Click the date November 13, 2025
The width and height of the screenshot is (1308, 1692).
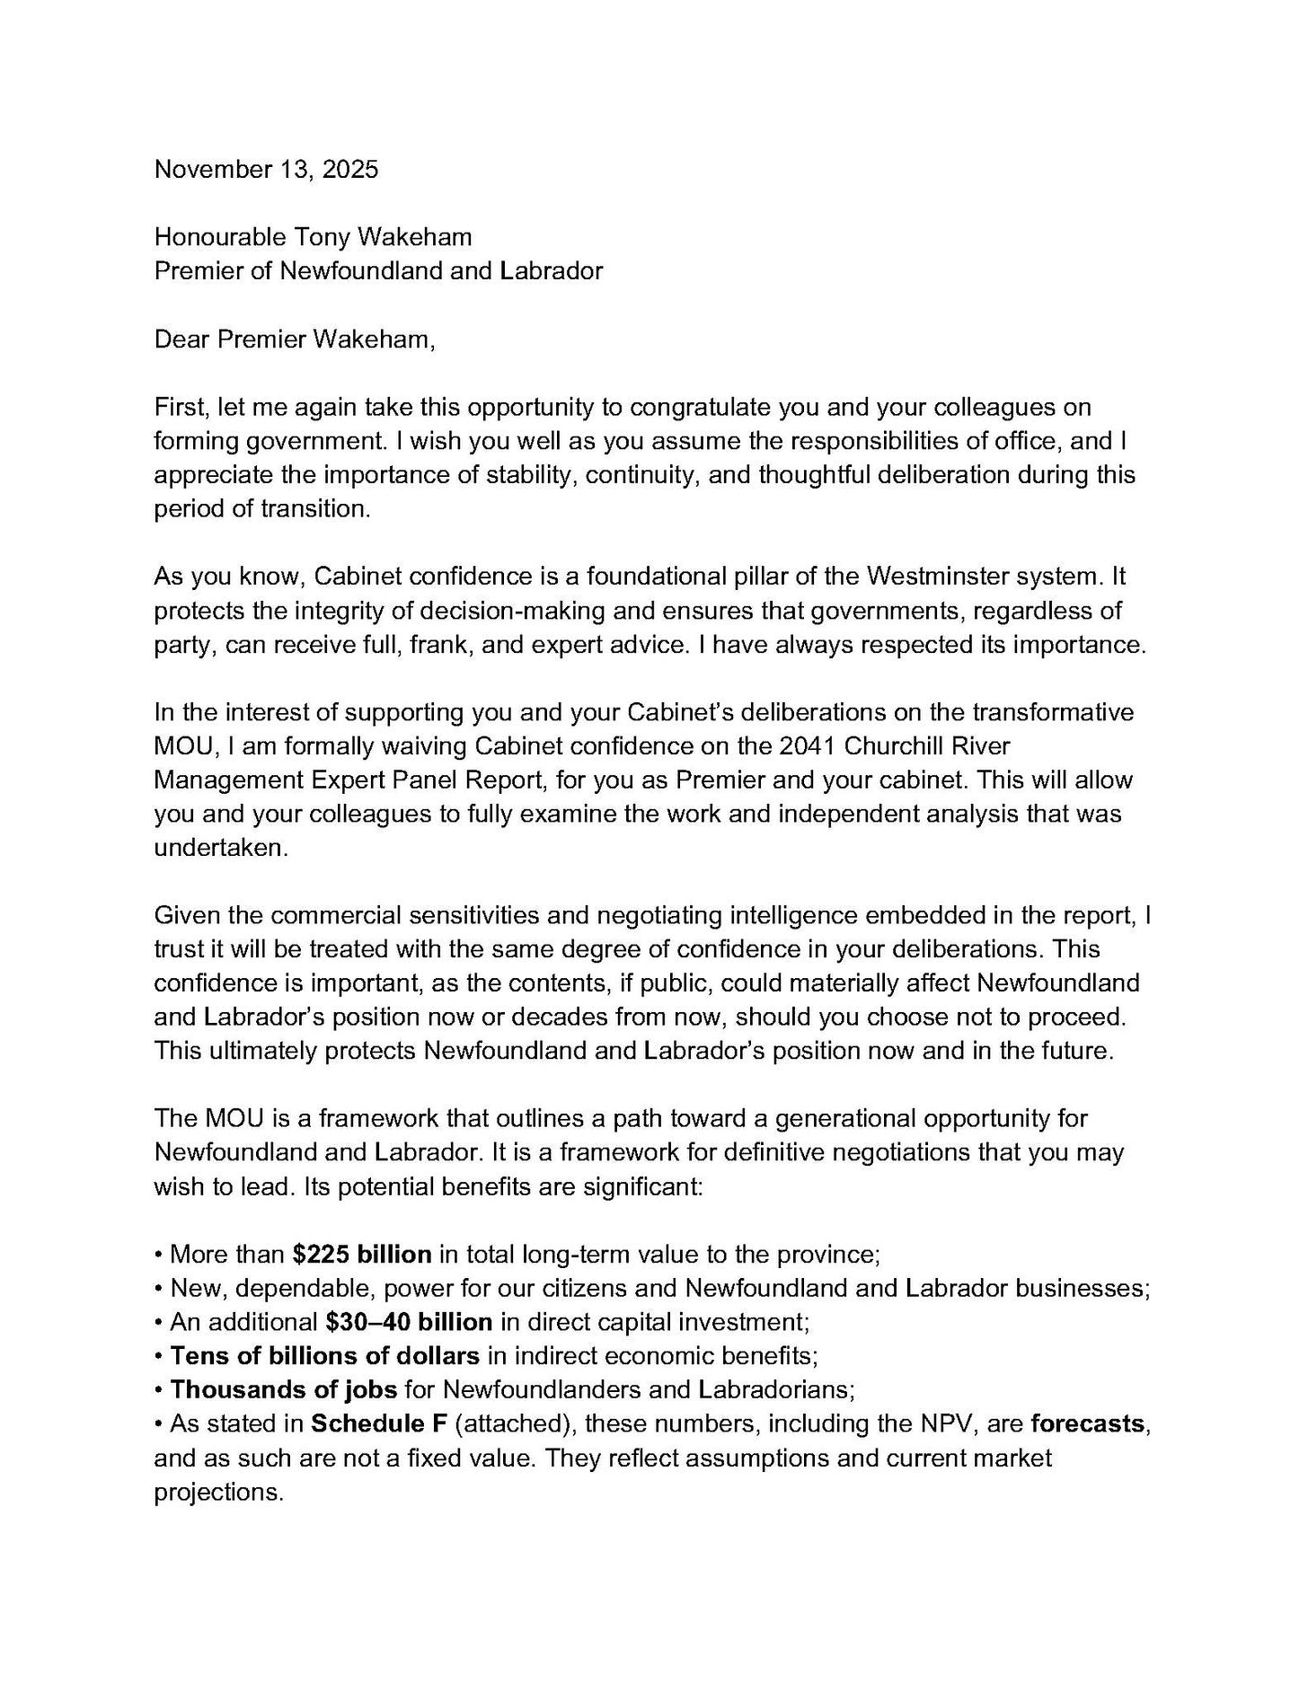tap(266, 169)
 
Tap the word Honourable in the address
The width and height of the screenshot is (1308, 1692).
tap(220, 236)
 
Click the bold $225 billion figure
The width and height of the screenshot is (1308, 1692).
tap(362, 1254)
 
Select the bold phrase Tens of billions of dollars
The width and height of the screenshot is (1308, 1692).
tap(324, 1355)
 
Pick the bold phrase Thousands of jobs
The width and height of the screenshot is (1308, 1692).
tap(284, 1389)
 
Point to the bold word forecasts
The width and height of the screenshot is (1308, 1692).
tap(1088, 1423)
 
